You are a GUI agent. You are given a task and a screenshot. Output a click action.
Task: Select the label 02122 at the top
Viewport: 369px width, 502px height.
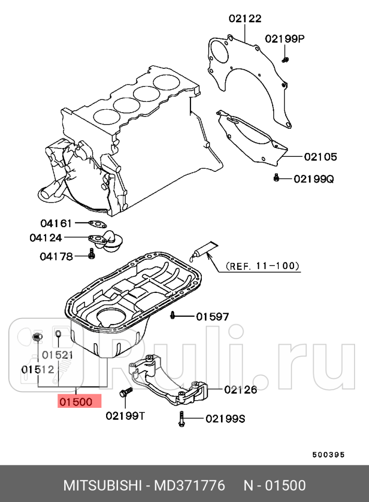point(245,19)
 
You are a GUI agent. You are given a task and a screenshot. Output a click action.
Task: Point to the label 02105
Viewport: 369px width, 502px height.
point(320,156)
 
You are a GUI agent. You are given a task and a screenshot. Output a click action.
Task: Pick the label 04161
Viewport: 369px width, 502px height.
point(56,223)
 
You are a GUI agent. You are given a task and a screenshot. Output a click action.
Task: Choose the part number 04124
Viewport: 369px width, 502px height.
point(46,238)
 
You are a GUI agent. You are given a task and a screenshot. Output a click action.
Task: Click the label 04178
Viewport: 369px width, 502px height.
point(56,256)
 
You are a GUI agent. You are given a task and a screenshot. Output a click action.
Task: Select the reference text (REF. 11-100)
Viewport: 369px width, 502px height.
point(263,267)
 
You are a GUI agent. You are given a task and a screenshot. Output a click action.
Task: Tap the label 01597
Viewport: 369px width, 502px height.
point(212,316)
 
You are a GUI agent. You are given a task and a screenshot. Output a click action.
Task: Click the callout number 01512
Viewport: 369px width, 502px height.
point(37,369)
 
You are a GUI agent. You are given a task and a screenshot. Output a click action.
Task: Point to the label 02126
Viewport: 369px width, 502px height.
point(241,390)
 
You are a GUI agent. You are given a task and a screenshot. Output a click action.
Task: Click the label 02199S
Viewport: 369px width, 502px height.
point(225,419)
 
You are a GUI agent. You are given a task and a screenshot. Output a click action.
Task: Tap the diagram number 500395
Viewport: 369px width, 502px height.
point(328,455)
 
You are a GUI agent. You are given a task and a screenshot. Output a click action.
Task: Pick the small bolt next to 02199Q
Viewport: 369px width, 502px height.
point(276,178)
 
